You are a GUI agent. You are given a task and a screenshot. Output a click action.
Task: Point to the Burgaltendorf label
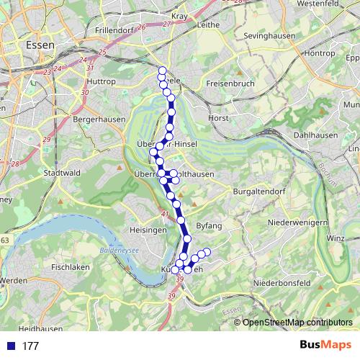[256, 192]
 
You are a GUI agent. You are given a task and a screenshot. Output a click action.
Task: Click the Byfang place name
[209, 226]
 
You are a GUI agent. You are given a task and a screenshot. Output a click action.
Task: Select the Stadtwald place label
[61, 174]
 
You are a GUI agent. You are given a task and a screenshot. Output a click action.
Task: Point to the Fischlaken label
[70, 267]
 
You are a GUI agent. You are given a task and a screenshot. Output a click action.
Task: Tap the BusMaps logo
[325, 346]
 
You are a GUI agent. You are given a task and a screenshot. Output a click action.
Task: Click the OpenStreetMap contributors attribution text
[297, 323]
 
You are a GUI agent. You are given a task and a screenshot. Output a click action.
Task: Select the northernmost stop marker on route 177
[162, 71]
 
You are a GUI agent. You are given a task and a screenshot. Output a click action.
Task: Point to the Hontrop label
[320, 53]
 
